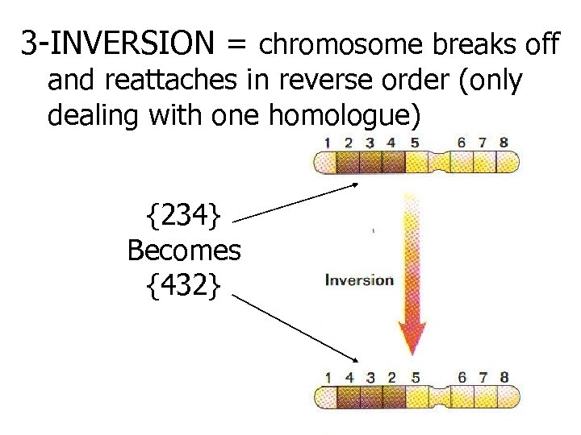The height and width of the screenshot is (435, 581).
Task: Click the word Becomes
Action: pos(184,251)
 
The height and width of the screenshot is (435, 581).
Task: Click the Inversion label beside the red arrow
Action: pos(358,280)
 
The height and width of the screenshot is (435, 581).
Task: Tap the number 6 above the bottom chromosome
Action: pos(461,376)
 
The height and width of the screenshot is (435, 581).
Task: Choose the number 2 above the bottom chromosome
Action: pos(393,376)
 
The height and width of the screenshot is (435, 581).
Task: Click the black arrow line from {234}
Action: pos(299,201)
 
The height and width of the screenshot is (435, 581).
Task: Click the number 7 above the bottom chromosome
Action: pos(482,376)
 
